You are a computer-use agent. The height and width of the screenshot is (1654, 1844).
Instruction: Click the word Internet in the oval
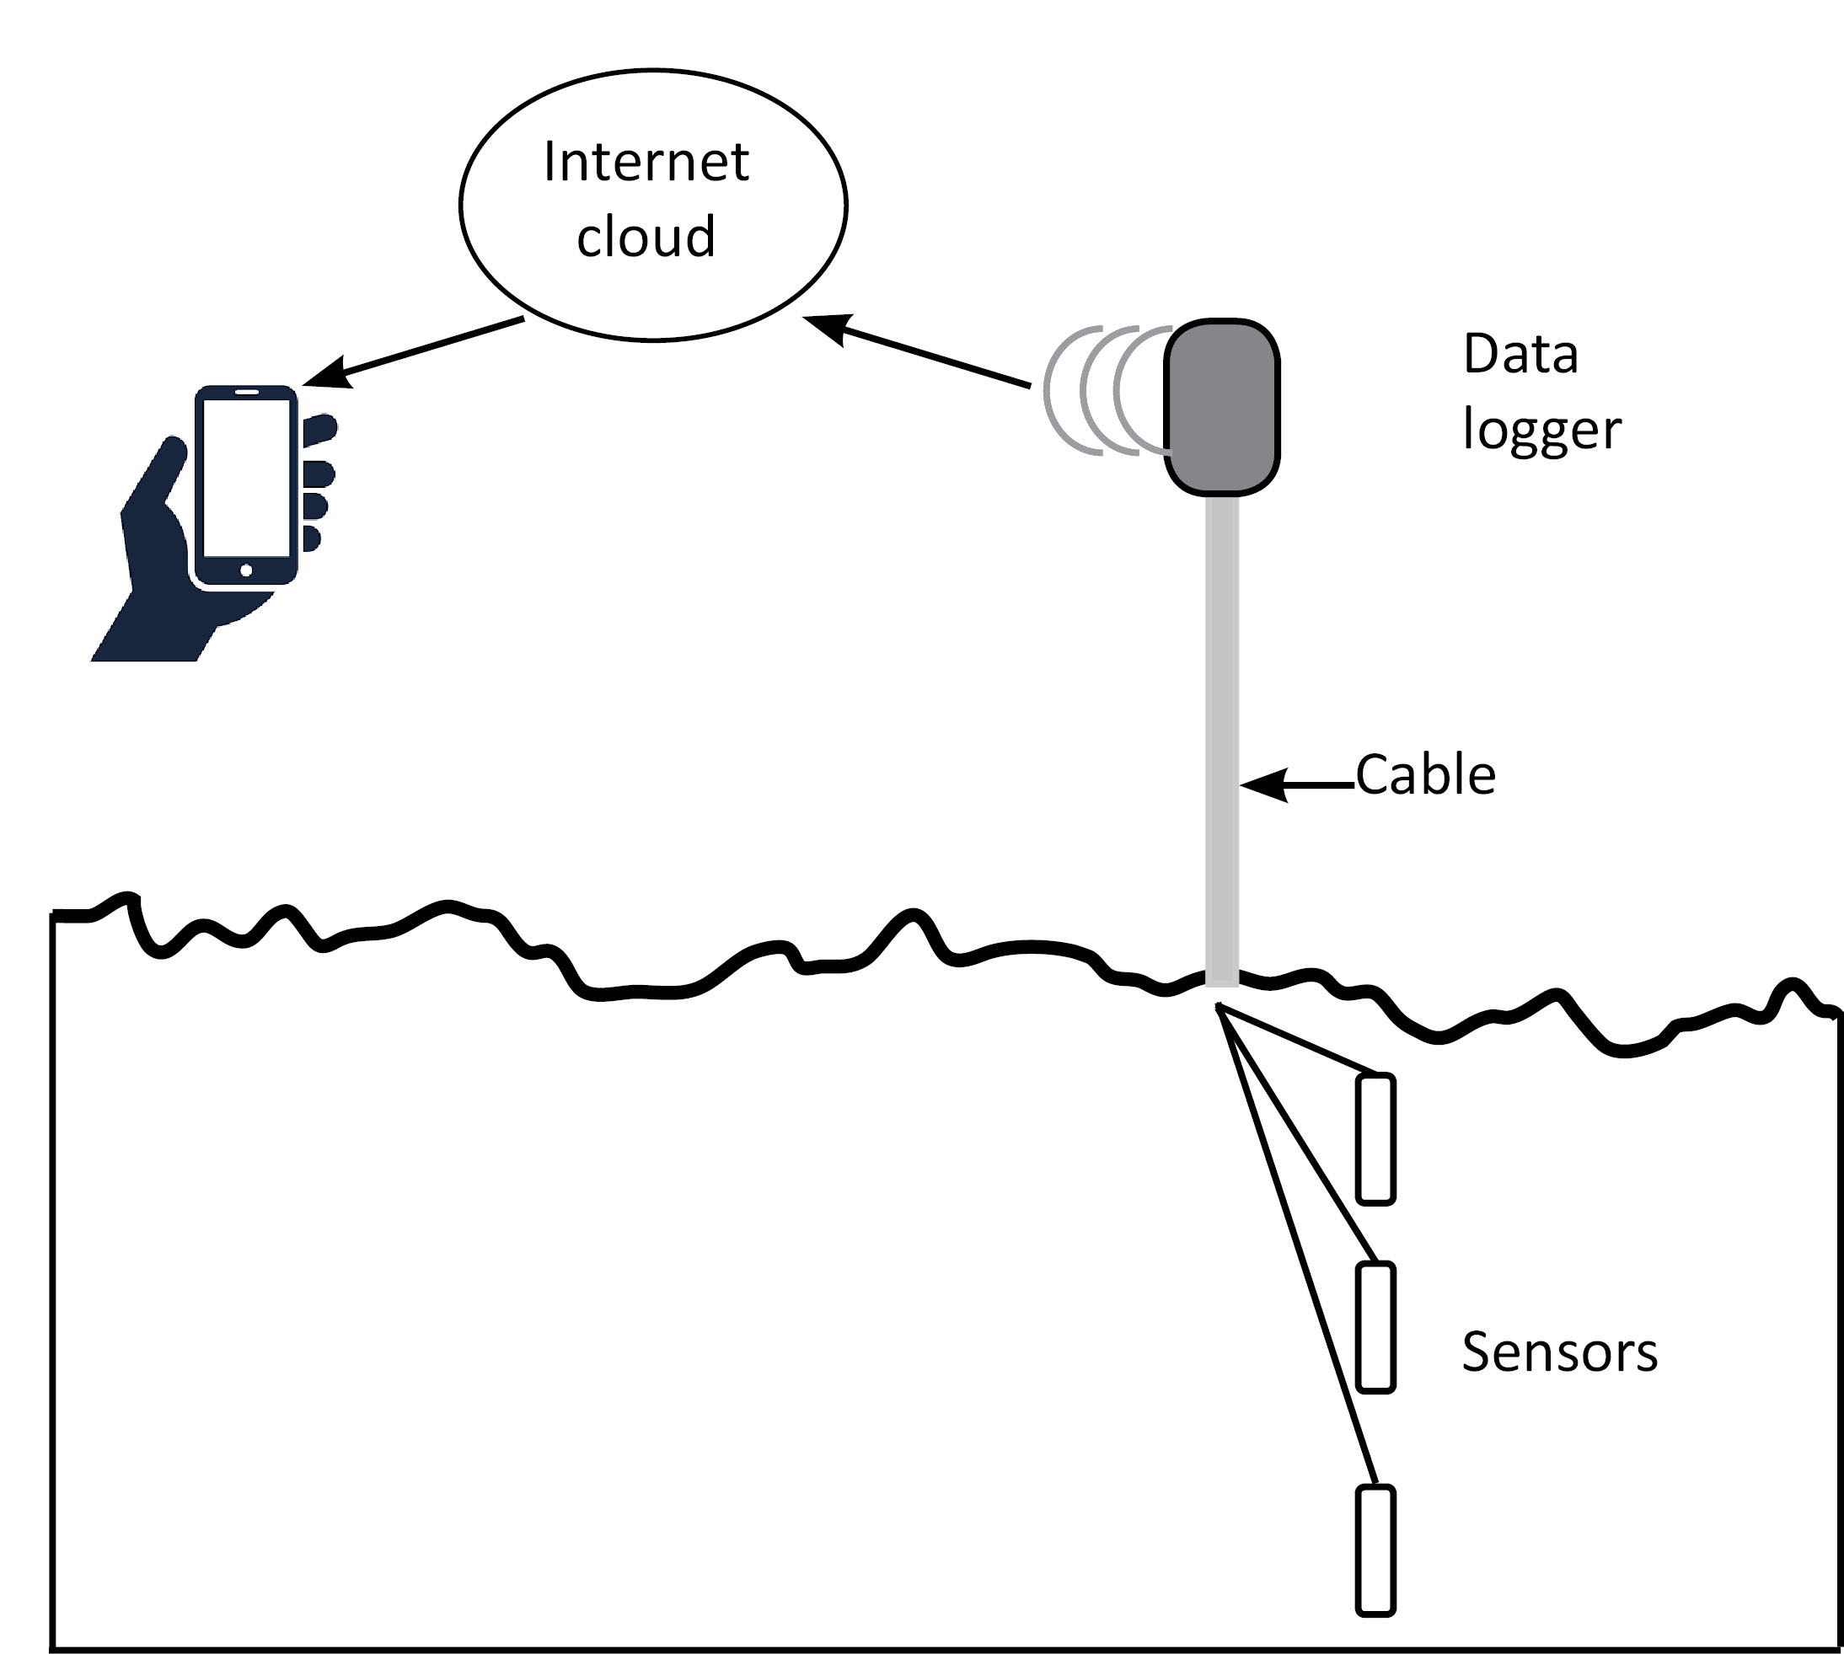pyautogui.click(x=646, y=163)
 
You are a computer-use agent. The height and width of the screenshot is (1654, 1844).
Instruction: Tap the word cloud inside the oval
pyautogui.click(x=646, y=236)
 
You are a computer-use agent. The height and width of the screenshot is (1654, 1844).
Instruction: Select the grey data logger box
pyautogui.click(x=1222, y=407)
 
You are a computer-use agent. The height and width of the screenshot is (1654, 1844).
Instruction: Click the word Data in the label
pyautogui.click(x=1520, y=355)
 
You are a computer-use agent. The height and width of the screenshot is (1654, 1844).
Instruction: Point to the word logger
pyautogui.click(x=1541, y=431)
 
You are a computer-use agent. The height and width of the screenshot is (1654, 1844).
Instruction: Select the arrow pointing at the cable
pyautogui.click(x=1296, y=784)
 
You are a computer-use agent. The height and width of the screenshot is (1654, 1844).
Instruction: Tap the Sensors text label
pyautogui.click(x=1559, y=1352)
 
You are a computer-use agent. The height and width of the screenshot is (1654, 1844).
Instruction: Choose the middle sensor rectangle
pyautogui.click(x=1376, y=1327)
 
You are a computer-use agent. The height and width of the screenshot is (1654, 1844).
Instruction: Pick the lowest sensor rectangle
pyautogui.click(x=1375, y=1550)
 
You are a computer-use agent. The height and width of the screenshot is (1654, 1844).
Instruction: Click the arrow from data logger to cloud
pyautogui.click(x=918, y=351)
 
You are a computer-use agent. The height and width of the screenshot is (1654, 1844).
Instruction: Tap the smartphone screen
pyautogui.click(x=246, y=477)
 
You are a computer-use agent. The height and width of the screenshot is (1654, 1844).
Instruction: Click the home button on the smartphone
pyautogui.click(x=246, y=570)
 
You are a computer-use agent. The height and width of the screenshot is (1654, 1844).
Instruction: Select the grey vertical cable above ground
pyautogui.click(x=1221, y=727)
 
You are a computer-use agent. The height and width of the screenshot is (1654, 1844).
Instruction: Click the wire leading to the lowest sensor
pyautogui.click(x=1300, y=1254)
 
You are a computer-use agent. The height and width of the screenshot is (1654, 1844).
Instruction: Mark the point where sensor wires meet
pyautogui.click(x=1219, y=1007)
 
